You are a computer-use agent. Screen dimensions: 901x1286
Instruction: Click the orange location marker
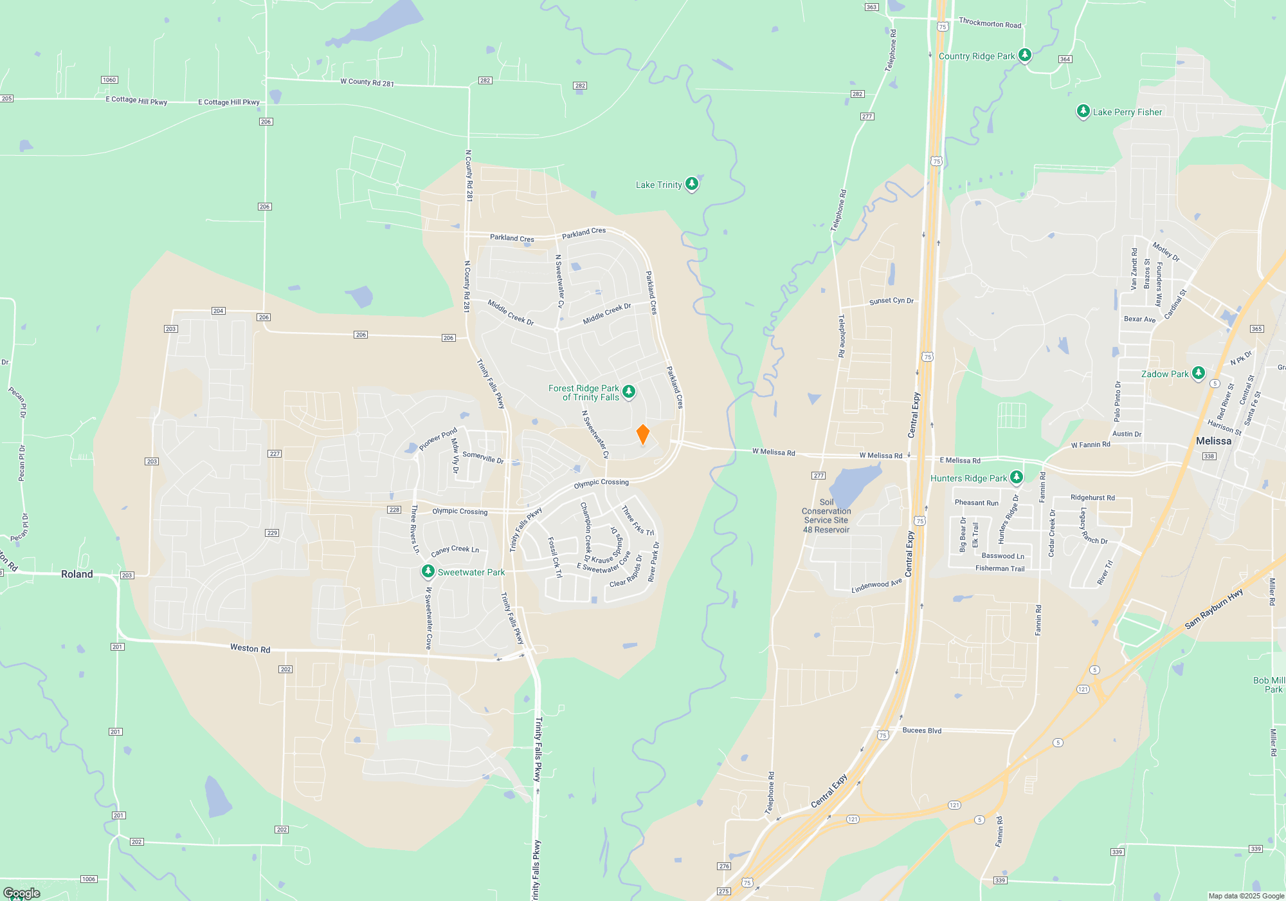point(642,434)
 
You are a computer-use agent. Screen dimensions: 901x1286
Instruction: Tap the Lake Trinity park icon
point(691,184)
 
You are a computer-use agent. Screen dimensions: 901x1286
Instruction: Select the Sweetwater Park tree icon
point(428,571)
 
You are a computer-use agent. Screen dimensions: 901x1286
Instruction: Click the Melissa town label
point(1213,441)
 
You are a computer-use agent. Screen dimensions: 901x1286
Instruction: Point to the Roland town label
point(77,574)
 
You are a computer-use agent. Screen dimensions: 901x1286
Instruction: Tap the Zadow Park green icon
point(1198,373)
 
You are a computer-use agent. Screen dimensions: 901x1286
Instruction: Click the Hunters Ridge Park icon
point(1016,478)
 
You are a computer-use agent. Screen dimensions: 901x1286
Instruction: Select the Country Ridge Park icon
point(1025,55)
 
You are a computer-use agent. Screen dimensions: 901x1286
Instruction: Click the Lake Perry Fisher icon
point(1083,111)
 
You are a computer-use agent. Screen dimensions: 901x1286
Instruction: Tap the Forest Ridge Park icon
point(629,391)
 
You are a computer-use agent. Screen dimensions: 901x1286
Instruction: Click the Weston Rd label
point(250,648)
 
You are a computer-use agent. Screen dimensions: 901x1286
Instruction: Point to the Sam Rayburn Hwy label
point(1213,609)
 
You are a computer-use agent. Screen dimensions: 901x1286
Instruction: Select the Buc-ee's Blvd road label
point(921,730)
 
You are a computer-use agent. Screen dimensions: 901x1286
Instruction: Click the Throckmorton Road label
point(990,23)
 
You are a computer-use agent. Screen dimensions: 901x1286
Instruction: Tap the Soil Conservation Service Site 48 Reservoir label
point(826,516)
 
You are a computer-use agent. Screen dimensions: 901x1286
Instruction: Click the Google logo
point(22,893)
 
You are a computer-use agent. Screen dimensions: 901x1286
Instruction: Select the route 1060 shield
point(109,80)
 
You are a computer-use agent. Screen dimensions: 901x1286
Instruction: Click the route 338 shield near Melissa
point(1209,456)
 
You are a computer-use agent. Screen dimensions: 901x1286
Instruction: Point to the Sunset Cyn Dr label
point(891,301)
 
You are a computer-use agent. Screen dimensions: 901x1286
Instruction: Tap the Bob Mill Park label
point(1269,685)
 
